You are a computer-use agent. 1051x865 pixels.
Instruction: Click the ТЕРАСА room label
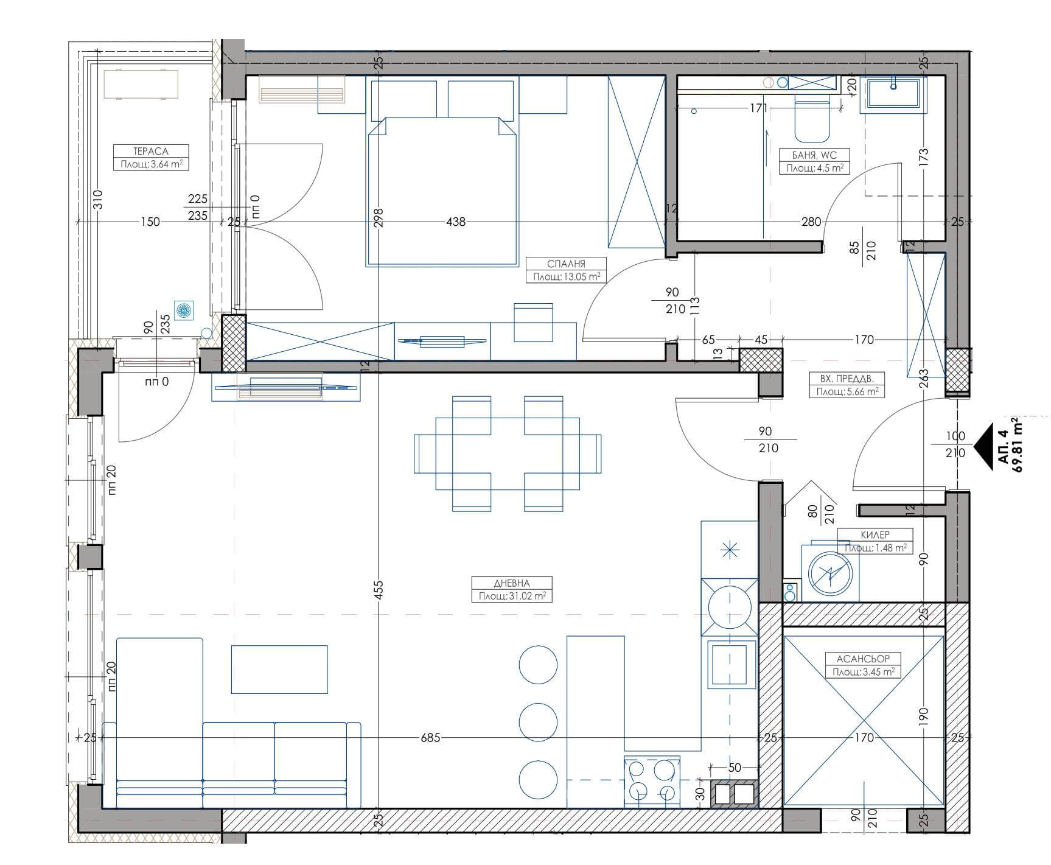(x=151, y=151)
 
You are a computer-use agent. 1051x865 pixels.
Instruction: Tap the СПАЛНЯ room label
(x=566, y=264)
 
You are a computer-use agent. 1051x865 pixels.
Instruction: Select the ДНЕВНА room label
(x=512, y=583)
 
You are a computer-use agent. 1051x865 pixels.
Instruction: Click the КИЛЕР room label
(x=876, y=534)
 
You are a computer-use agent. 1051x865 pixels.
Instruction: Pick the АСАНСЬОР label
(x=863, y=659)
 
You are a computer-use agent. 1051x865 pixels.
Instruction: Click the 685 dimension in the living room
(x=430, y=738)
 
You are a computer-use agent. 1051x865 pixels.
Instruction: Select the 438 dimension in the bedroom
(x=456, y=222)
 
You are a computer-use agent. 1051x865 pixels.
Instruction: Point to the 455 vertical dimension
(x=378, y=590)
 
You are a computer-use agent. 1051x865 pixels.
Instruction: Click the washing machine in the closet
(x=829, y=572)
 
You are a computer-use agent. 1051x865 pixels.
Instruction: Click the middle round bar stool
(x=538, y=721)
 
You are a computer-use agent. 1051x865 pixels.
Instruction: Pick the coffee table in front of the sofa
(x=279, y=670)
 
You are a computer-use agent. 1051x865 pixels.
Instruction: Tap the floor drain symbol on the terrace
(x=183, y=310)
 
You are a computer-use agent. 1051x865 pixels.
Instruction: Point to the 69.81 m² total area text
(x=1016, y=445)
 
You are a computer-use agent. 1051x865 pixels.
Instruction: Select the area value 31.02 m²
(x=522, y=597)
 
